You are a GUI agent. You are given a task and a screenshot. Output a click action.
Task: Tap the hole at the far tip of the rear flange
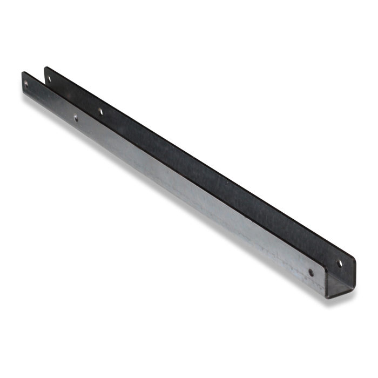[49, 79]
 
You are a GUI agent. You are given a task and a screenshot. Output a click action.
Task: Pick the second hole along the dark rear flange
[100, 112]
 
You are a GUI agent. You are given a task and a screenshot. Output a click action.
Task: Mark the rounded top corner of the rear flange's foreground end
[354, 261]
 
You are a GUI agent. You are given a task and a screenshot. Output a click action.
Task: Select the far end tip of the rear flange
[46, 69]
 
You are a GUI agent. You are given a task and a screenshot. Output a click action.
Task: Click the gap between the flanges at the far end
[35, 76]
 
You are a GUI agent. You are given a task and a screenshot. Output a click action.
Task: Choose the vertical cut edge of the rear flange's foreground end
[355, 273]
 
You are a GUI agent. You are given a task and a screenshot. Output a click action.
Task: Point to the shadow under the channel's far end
[27, 97]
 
